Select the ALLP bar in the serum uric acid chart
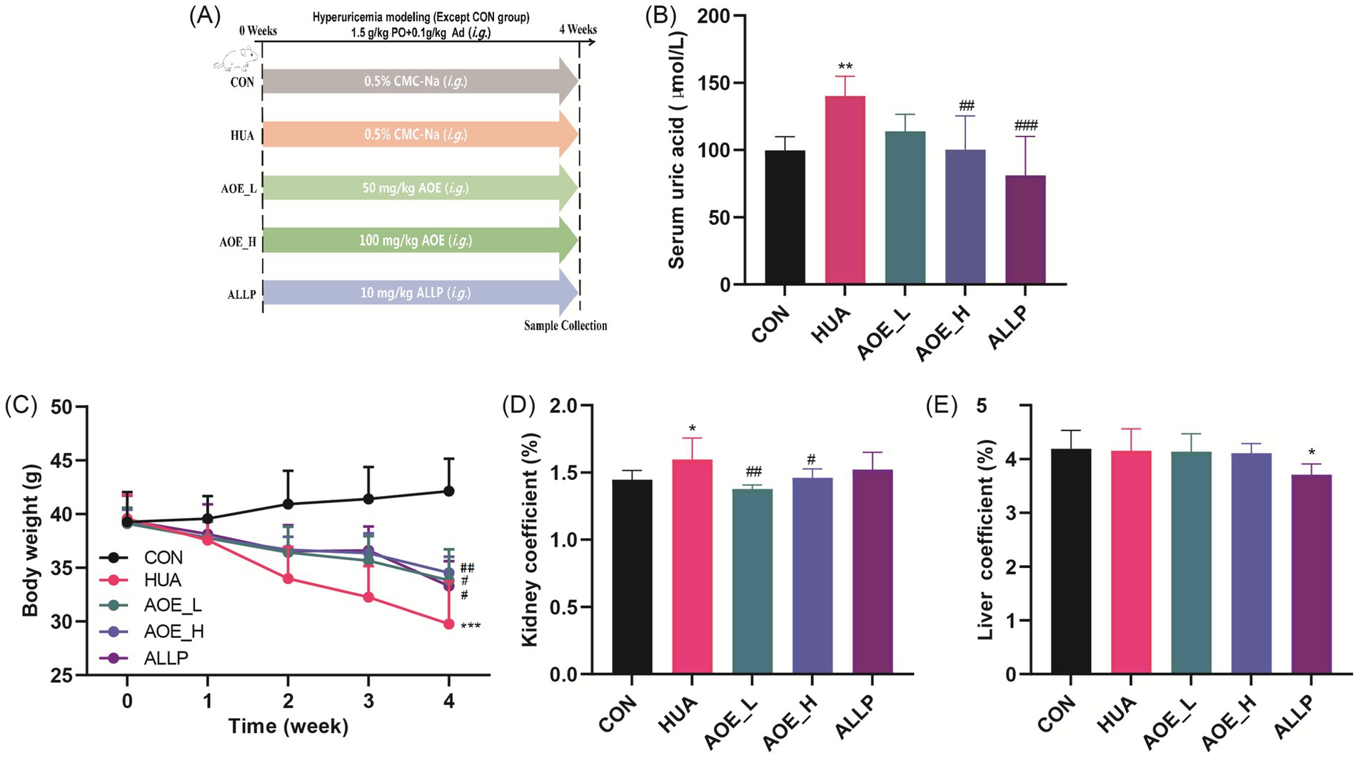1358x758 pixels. [1025, 229]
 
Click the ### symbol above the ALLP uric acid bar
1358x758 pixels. [1026, 126]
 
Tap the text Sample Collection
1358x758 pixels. [565, 326]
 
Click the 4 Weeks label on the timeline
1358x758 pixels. [578, 29]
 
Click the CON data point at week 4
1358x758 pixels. [449, 491]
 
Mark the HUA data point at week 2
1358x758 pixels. [288, 579]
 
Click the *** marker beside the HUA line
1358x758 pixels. [471, 627]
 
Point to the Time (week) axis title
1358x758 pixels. [288, 727]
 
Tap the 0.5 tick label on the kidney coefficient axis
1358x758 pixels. [566, 607]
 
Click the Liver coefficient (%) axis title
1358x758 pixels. [987, 540]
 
